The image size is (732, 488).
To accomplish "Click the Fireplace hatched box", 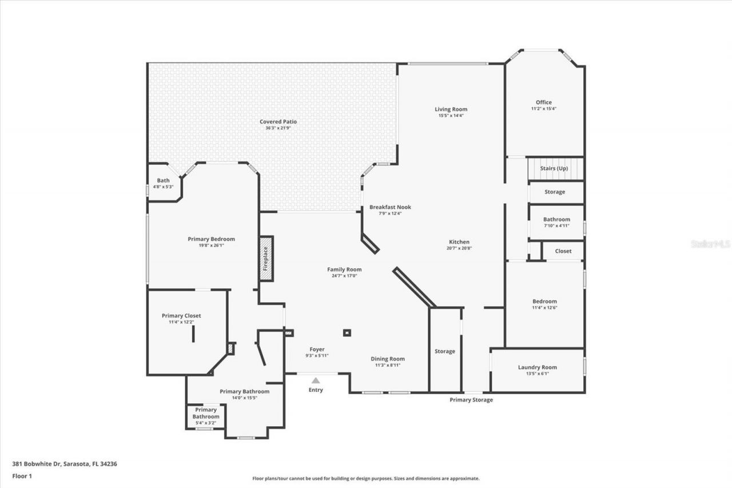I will (266, 258).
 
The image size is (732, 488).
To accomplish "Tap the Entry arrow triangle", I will (316, 380).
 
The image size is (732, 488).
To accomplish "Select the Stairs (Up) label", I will (554, 169).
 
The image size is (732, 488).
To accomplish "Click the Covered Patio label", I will (278, 121).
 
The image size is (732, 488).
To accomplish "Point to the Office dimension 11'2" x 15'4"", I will (543, 109).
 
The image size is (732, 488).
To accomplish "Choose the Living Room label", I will (451, 109).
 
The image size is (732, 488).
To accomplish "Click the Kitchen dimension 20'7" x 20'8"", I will (459, 248).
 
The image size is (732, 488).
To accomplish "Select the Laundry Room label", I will (537, 367).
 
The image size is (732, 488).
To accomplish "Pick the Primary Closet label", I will (181, 316).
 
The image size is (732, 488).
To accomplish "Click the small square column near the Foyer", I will (347, 332).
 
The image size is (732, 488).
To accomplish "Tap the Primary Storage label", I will (471, 400).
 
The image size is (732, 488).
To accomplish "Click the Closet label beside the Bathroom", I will (563, 251).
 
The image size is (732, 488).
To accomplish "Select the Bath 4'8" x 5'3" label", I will (164, 187).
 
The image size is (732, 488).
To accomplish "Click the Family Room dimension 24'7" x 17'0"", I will (344, 276).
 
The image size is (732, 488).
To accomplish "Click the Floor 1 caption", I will (22, 476).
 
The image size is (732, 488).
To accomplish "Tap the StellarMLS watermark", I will (710, 244).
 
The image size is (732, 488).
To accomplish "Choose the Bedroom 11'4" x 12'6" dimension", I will (544, 308).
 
